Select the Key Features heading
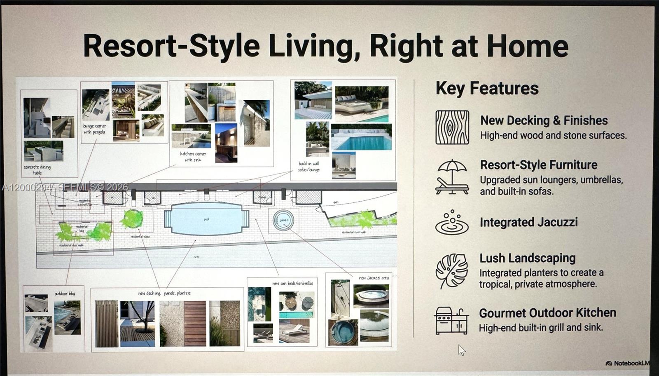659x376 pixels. point(487,88)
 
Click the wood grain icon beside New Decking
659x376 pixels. point(452,127)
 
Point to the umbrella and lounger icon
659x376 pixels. point(452,177)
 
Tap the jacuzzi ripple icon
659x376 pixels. point(452,223)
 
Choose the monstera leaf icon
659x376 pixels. point(452,271)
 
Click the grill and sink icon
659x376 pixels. point(451,320)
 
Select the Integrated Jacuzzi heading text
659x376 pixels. point(528,223)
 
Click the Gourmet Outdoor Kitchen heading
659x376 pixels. point(547,313)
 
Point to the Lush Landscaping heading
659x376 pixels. point(527,258)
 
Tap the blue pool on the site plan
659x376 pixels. point(206,219)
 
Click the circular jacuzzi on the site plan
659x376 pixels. point(283,220)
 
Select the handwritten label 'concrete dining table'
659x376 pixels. point(37,170)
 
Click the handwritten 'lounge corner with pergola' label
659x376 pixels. point(94,129)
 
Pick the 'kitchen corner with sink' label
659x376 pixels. point(193,156)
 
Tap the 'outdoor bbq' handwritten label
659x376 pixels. point(65,294)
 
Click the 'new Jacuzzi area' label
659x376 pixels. point(374,278)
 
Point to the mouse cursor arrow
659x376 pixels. point(461,350)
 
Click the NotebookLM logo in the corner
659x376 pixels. point(627,363)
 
